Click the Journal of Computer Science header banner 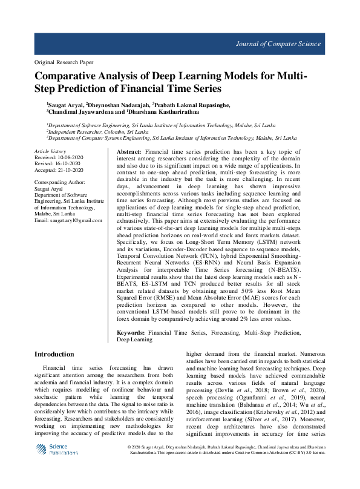point(290,44)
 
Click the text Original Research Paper point(64,62)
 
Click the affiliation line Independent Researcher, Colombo point(98,131)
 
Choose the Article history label point(50,151)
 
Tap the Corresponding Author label point(59,182)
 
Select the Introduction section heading point(54,353)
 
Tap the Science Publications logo point(56,450)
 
